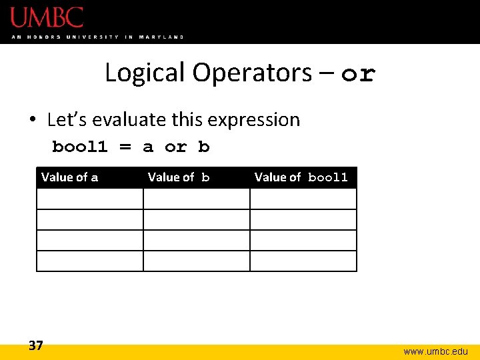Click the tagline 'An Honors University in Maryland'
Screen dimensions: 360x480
coord(97,37)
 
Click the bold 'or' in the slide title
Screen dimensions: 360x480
coord(358,74)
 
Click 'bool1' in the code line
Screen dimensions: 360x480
coord(79,147)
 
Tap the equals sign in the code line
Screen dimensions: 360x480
coord(125,147)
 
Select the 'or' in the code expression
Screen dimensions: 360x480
coord(175,147)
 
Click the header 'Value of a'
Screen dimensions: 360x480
coord(69,177)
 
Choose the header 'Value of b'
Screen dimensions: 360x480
coord(179,177)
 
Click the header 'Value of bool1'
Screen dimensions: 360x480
coord(301,177)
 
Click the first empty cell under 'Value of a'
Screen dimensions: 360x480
coord(90,199)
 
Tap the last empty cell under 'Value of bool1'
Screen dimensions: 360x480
coord(303,261)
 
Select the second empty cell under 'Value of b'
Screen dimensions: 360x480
coord(197,219)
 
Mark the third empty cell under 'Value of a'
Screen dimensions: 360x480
coord(90,240)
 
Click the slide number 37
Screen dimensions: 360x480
coord(36,345)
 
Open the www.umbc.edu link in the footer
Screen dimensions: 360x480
coord(436,351)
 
